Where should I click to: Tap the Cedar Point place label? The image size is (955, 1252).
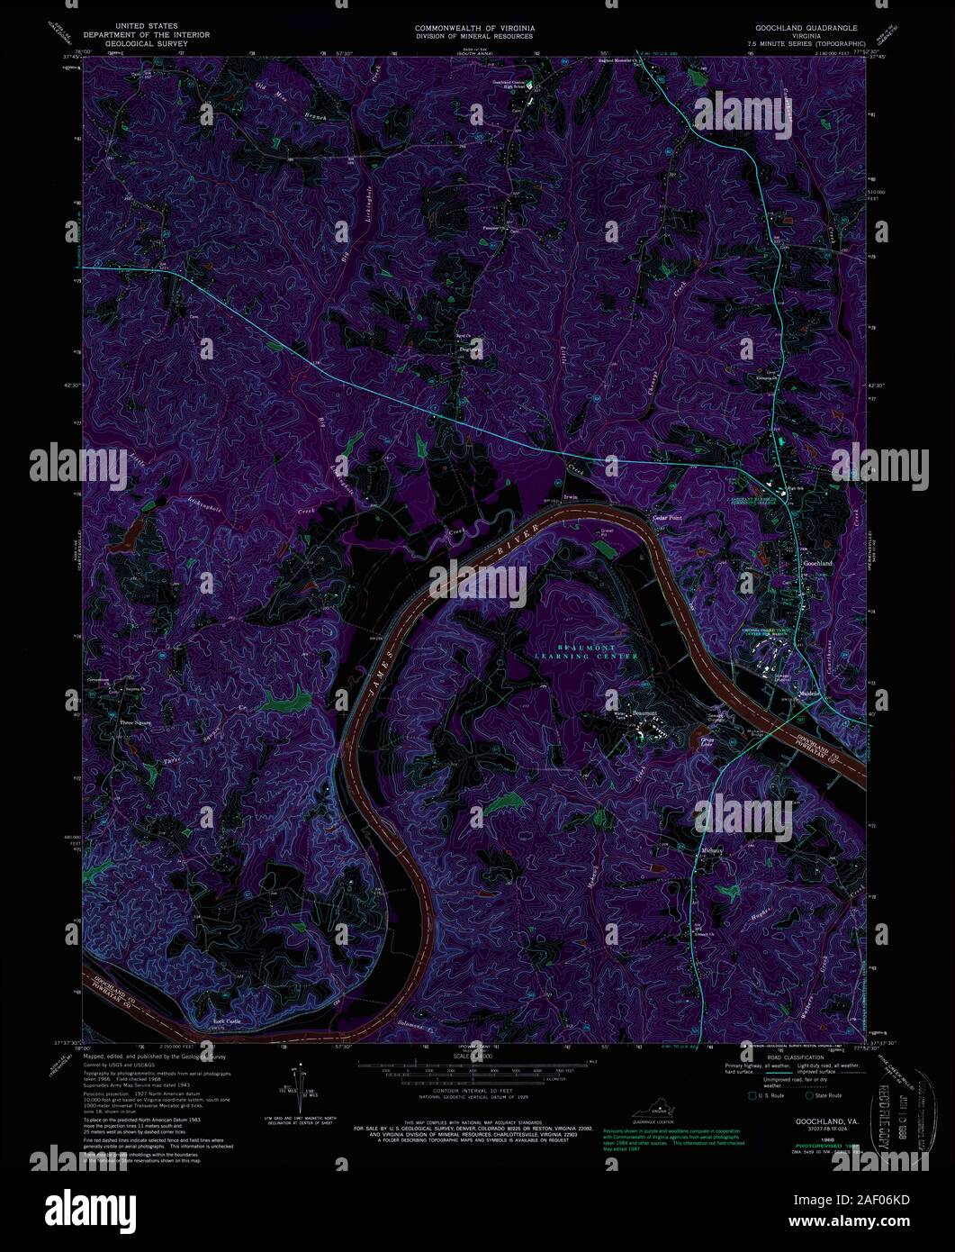(x=667, y=518)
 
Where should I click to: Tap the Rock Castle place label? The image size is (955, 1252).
(x=226, y=1021)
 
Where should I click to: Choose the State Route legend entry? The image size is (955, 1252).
(x=828, y=1095)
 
